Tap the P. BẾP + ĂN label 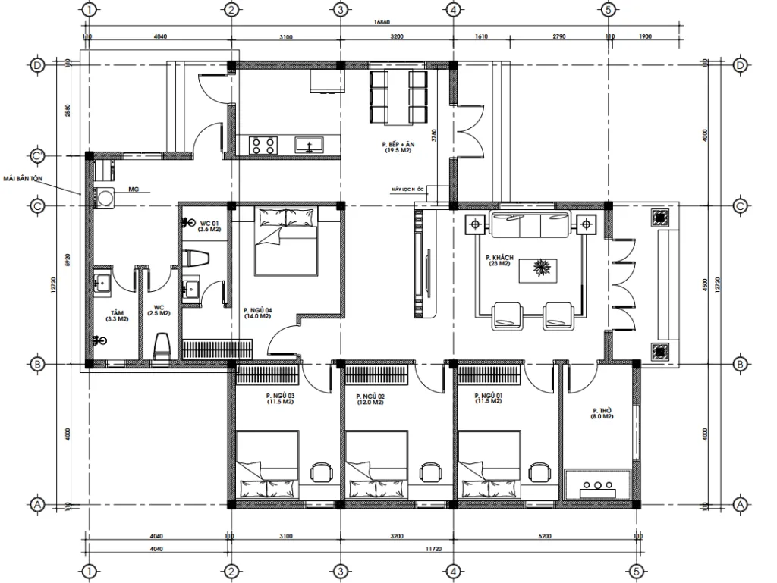(397, 146)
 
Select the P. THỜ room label (603, 413)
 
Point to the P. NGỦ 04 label (257, 312)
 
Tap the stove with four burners (263, 145)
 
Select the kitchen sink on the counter (309, 145)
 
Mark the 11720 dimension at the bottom (435, 548)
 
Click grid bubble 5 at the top (608, 10)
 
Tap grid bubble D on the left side (37, 65)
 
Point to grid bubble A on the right (741, 504)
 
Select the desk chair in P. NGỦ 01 (539, 472)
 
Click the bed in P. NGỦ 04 (285, 243)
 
